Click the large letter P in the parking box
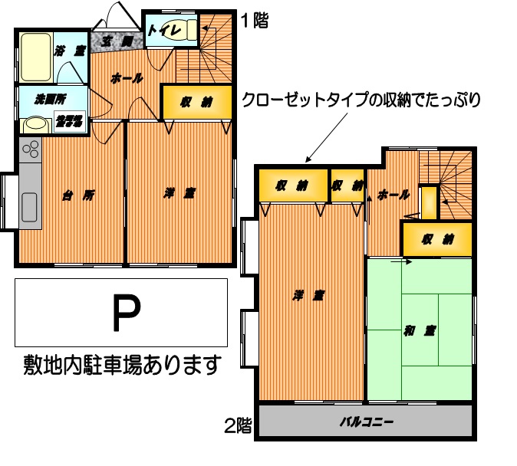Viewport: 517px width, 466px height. [x=127, y=313]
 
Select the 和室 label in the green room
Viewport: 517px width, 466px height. [x=420, y=331]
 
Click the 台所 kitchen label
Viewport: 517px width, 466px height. [x=78, y=195]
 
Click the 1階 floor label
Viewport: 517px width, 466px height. [x=255, y=21]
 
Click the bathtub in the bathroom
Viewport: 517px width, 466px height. [x=35, y=56]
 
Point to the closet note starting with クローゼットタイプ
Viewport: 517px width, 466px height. [x=360, y=100]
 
